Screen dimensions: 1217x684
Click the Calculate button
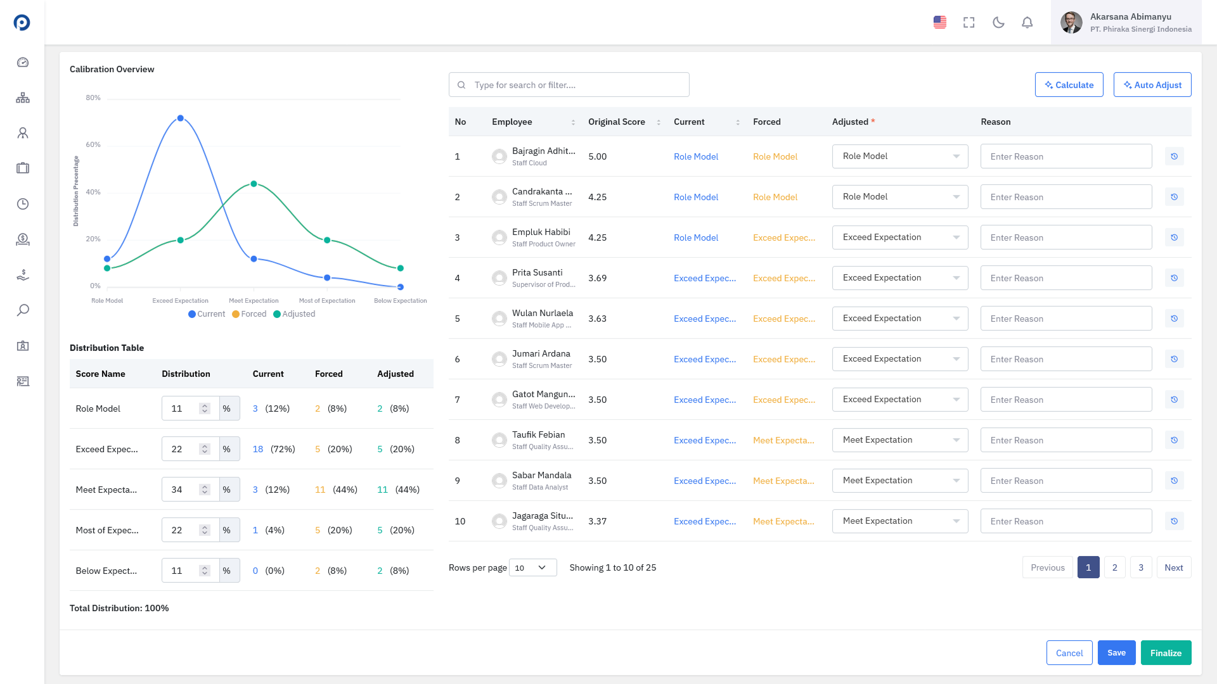1069,85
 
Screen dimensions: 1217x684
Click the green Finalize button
1166,653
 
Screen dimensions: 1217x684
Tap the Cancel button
1069,653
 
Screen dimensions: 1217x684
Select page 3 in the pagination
1141,567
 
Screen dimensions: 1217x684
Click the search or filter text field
569,85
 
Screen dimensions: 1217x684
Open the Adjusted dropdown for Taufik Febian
900,440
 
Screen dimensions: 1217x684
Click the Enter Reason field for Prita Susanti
1066,278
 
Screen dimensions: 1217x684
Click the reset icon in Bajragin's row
1174,156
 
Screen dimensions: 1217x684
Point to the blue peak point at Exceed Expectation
181,118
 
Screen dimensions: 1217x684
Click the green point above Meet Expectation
254,184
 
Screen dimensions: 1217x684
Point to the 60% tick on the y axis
93,145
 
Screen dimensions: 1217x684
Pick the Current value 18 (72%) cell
274,449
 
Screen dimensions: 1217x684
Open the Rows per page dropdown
532,567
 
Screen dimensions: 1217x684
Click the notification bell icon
1027,23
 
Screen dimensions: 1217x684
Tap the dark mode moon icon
998,23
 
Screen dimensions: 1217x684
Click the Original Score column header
617,122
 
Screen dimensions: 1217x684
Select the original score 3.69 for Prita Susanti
597,278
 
